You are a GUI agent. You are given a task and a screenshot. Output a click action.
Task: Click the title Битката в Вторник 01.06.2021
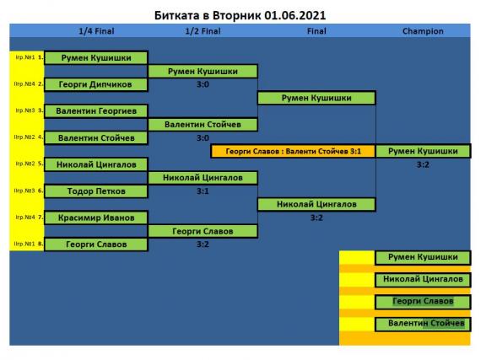[240, 15]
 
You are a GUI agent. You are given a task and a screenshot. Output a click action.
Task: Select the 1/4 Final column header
[96, 31]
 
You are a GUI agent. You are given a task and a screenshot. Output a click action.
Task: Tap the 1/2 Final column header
[203, 31]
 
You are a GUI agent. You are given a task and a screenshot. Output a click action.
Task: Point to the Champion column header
[423, 31]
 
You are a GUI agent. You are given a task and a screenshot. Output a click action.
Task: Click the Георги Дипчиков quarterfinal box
[96, 84]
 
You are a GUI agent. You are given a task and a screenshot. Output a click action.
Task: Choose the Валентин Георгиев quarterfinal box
[96, 111]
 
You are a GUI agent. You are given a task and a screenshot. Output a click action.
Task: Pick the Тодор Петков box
[96, 191]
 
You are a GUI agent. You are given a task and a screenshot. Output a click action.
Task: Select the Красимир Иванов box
[96, 218]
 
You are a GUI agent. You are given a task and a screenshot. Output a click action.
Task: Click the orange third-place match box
[294, 152]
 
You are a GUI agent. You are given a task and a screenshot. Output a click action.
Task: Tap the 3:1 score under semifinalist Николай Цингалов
[203, 191]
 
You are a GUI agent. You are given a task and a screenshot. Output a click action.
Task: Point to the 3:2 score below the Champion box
[423, 164]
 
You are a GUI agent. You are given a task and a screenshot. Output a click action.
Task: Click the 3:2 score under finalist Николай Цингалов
[316, 218]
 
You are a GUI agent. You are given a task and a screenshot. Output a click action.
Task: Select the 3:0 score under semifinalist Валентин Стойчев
[203, 138]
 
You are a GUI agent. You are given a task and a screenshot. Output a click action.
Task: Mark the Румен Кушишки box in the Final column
[316, 98]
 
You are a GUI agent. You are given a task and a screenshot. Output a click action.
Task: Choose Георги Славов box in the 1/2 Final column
[203, 231]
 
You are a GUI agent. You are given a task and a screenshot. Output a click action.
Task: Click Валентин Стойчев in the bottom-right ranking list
[423, 324]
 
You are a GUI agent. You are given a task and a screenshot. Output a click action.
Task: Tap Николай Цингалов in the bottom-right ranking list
[423, 280]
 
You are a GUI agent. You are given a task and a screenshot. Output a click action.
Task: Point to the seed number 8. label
[41, 244]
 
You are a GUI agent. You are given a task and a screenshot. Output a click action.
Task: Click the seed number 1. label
[41, 57]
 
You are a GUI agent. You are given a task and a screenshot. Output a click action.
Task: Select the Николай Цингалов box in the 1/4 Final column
[96, 164]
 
